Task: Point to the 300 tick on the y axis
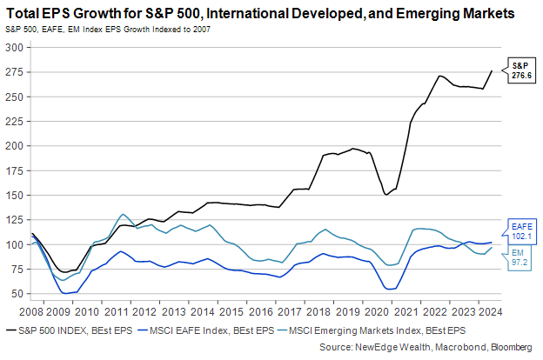(13, 47)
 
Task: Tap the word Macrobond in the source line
(454, 348)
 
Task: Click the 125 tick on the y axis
(13, 195)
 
